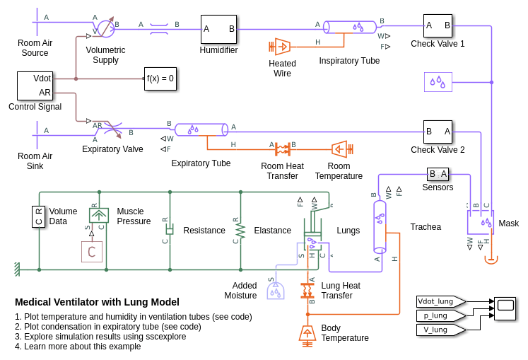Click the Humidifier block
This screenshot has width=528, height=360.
(218, 29)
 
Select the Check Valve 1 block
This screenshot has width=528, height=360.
(438, 25)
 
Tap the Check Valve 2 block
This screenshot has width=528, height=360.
(438, 132)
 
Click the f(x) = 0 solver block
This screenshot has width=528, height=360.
(160, 79)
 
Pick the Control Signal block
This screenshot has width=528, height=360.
(35, 86)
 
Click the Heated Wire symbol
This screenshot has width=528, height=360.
(282, 47)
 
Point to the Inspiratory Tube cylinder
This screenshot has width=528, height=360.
(351, 27)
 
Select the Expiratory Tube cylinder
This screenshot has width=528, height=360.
(201, 129)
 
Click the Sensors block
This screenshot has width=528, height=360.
(438, 174)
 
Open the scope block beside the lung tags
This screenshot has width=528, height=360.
(505, 308)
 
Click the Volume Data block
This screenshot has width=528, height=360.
(39, 216)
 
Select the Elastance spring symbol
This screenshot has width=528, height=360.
(240, 231)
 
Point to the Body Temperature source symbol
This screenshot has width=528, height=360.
(307, 333)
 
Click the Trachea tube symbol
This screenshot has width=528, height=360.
(380, 226)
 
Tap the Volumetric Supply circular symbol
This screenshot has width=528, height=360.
(105, 28)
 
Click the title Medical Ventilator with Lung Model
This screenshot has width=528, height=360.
(97, 302)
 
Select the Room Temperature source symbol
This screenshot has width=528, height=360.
(339, 149)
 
